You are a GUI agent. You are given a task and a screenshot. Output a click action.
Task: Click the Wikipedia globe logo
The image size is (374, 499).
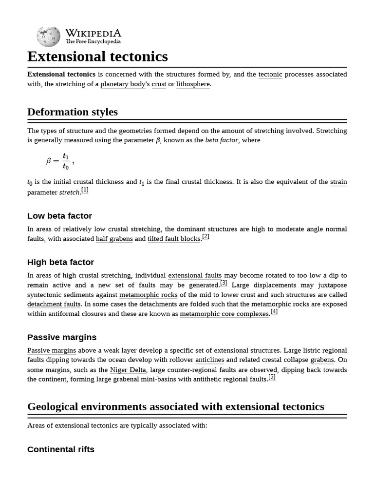[48, 37]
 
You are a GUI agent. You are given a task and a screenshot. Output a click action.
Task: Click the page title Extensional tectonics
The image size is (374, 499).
[97, 57]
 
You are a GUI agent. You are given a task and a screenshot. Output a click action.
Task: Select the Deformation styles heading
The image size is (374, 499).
[73, 112]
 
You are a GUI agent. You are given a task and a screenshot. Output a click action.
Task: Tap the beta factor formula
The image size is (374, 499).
[59, 161]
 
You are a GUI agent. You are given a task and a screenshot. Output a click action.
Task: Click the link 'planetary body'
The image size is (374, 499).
[123, 84]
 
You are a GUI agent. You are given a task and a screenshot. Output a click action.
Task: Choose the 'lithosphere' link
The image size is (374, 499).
[193, 84]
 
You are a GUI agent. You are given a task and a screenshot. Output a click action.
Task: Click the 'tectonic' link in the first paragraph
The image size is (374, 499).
[270, 75]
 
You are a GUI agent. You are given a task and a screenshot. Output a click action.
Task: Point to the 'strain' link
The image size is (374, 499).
[338, 182]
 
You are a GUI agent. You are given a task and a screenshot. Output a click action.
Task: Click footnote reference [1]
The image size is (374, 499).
[85, 190]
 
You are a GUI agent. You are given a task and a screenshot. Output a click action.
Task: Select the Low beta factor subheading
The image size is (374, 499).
[59, 216]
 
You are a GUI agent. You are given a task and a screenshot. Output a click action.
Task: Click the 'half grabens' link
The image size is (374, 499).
[114, 239]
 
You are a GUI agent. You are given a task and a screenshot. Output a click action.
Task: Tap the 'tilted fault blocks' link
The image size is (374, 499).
[174, 239]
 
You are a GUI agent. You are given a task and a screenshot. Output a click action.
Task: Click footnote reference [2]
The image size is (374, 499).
[206, 237]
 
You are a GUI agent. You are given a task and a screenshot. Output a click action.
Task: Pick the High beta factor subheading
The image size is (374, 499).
[60, 262]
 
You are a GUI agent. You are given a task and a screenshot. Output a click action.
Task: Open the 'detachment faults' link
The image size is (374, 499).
[54, 304]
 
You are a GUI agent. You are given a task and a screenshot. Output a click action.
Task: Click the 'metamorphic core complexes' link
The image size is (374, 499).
[224, 314]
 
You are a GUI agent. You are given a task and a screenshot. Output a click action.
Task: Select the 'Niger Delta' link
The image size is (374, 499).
[128, 370]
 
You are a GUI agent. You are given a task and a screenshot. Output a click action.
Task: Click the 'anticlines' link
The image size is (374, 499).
[210, 360]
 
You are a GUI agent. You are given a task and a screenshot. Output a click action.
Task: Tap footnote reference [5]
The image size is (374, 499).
[272, 377]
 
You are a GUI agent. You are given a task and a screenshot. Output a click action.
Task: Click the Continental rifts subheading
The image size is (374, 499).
[61, 449]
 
